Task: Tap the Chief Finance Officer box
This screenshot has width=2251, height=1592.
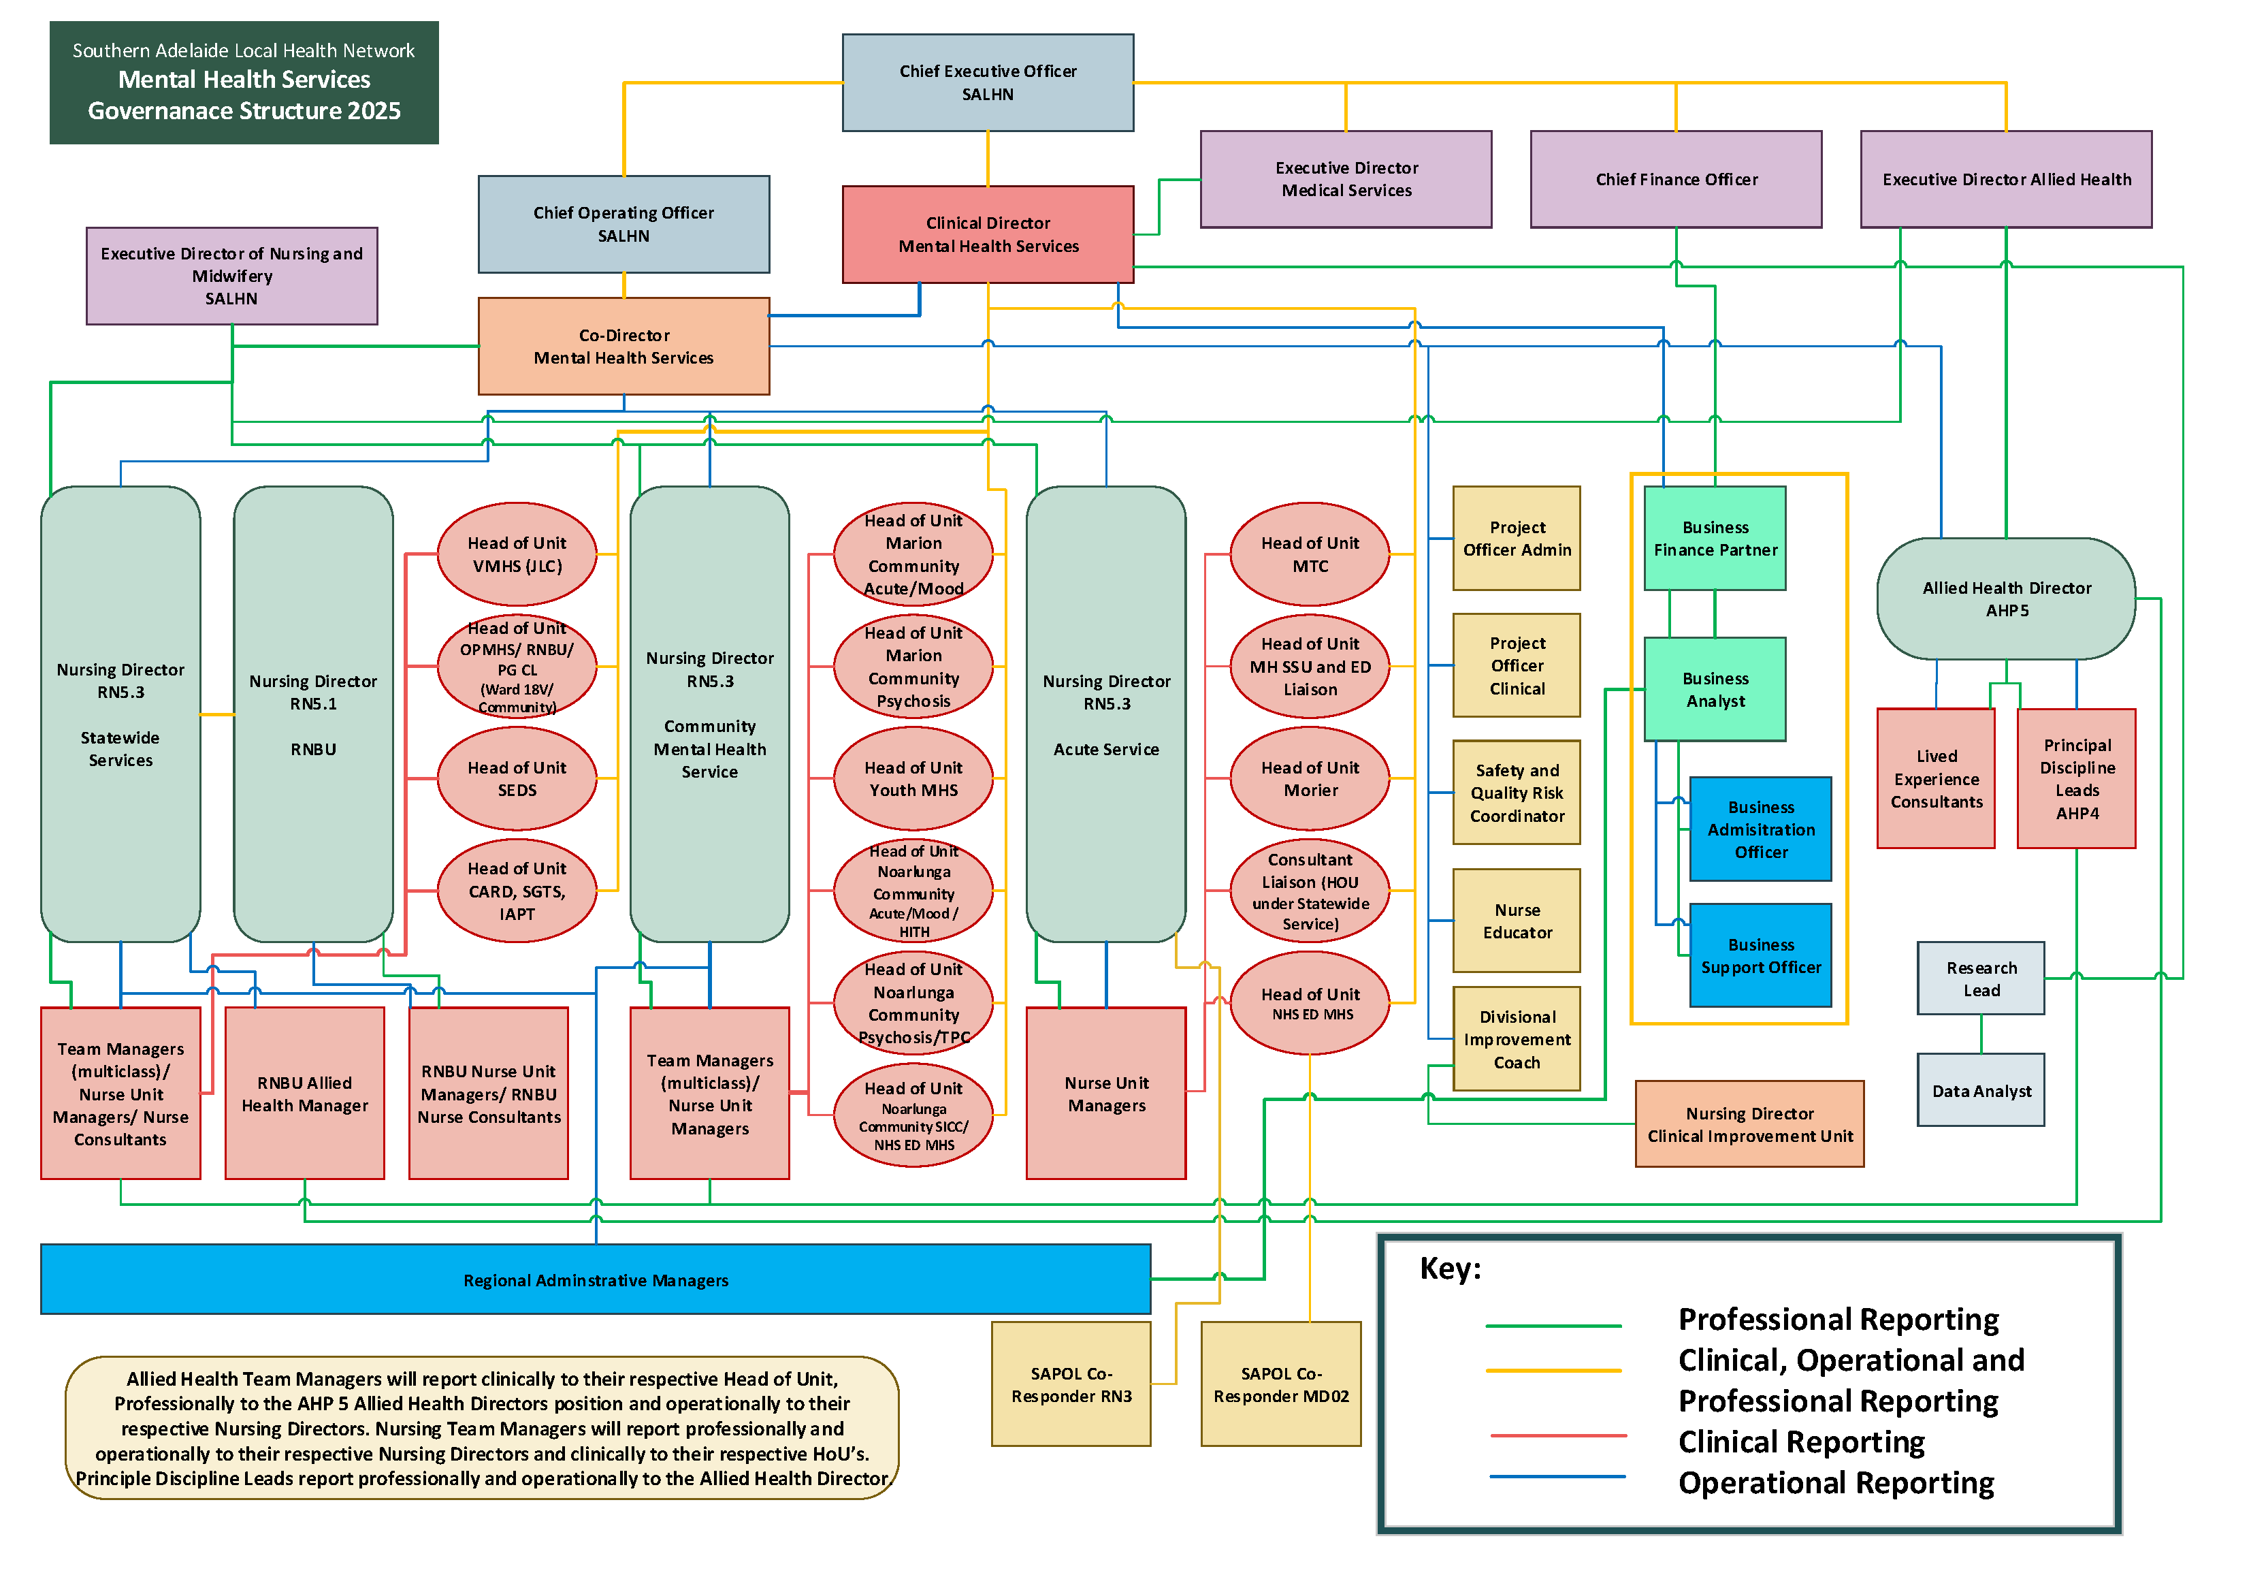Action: click(1676, 180)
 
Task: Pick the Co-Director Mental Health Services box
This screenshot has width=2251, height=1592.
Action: click(624, 347)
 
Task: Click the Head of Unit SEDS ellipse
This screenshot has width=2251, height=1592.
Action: click(517, 779)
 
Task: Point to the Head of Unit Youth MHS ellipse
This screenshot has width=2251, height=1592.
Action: click(913, 779)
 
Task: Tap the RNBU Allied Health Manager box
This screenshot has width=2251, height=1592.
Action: click(304, 1094)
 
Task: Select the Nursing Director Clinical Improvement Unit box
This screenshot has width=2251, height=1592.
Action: click(1749, 1124)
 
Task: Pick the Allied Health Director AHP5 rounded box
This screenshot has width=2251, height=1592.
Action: click(2006, 599)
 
